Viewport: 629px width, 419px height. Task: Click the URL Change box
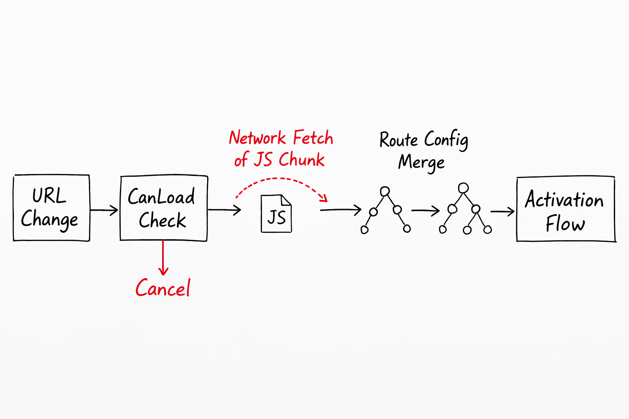[x=51, y=208]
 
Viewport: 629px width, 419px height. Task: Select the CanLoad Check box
[x=163, y=208]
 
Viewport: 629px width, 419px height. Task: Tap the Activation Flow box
[x=566, y=209]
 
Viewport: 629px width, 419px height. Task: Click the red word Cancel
[x=163, y=288]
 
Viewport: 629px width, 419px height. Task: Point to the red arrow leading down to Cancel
[x=163, y=258]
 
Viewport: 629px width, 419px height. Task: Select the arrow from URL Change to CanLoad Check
[x=104, y=210]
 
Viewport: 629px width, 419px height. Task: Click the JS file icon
[x=276, y=214]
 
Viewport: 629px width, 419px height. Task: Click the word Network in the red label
[x=257, y=138]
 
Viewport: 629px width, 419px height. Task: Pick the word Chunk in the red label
[x=302, y=160]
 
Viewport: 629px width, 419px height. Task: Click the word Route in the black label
[x=398, y=140]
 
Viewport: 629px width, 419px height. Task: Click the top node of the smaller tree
[x=385, y=191]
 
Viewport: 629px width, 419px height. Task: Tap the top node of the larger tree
[x=463, y=188]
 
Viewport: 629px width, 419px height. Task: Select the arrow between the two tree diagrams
[x=425, y=211]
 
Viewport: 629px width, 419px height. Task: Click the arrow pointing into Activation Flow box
[x=502, y=212]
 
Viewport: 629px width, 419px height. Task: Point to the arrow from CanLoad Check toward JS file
[x=224, y=210]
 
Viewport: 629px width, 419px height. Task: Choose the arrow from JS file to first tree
[x=340, y=210]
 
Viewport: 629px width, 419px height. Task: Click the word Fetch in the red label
[x=313, y=138]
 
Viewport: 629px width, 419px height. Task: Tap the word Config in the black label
[x=446, y=140]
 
